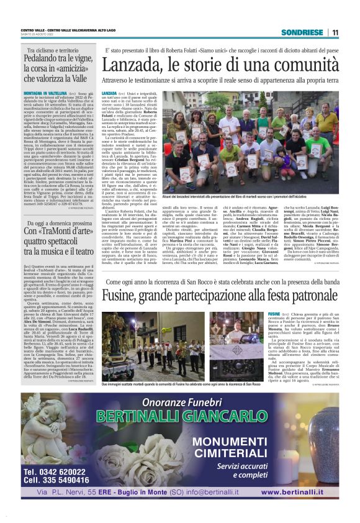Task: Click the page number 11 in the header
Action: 335,32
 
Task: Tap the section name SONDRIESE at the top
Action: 302,32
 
